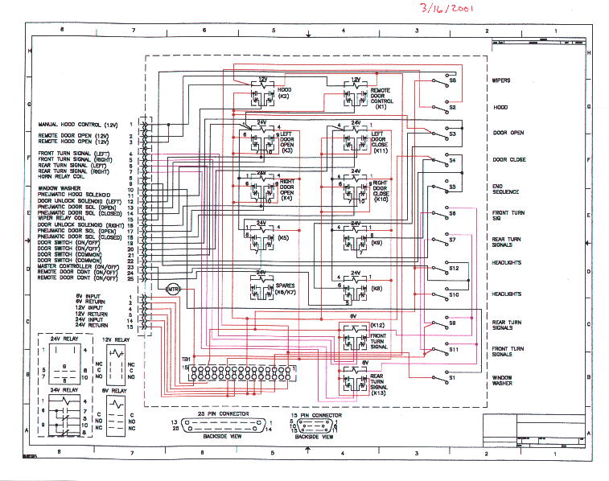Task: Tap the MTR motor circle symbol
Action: pos(173,289)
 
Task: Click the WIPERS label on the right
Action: pos(503,80)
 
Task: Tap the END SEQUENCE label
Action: pos(508,190)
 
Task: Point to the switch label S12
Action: pos(454,268)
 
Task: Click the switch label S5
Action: pos(452,187)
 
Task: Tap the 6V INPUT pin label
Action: pos(74,298)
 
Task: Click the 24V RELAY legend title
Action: pos(64,340)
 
